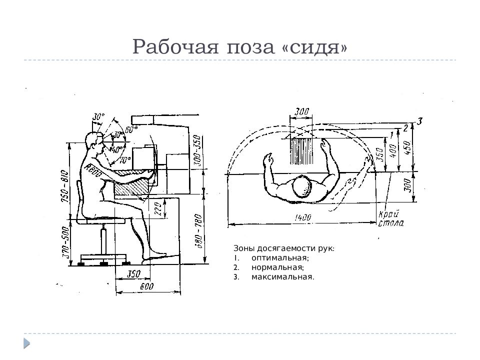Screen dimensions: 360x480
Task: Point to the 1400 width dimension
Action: (x=303, y=217)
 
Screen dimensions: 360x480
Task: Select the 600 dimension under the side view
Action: (x=146, y=286)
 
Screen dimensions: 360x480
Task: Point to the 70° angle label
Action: (x=124, y=161)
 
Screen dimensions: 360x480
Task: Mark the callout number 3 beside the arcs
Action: (x=420, y=120)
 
